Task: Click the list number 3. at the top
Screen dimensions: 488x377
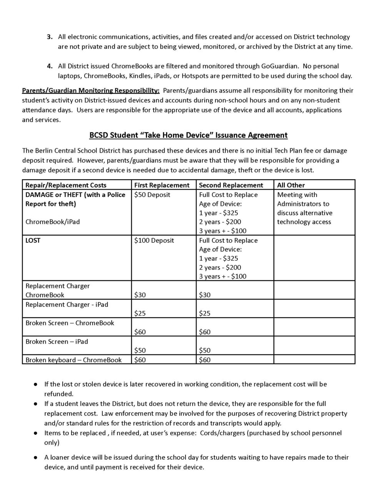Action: point(50,37)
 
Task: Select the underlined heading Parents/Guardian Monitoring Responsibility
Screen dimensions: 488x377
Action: point(91,91)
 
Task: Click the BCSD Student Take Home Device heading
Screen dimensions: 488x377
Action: point(188,135)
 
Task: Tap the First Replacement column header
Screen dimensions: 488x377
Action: point(162,185)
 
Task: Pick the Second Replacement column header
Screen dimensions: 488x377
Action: point(231,185)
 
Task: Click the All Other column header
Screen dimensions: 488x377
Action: point(291,185)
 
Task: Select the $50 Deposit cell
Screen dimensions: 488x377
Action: point(152,195)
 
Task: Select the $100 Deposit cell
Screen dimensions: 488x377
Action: point(154,241)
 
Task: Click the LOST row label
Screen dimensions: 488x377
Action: point(33,241)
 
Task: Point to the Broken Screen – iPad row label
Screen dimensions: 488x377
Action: point(57,342)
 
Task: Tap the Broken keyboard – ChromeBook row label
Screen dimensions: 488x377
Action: point(73,360)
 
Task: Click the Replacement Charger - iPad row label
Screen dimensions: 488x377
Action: point(67,305)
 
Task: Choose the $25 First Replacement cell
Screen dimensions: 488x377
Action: point(140,313)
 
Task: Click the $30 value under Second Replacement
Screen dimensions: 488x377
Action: point(205,295)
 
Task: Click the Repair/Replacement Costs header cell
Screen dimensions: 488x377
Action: point(66,185)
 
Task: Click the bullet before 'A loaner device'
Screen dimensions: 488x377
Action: point(35,458)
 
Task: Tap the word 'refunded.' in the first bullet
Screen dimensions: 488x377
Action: point(58,394)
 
